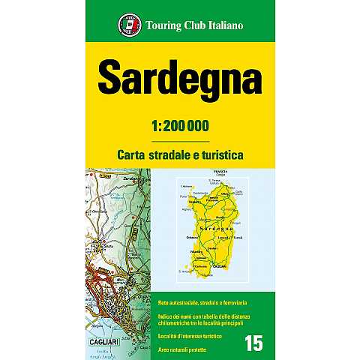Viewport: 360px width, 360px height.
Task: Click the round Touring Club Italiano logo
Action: pos(127,27)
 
